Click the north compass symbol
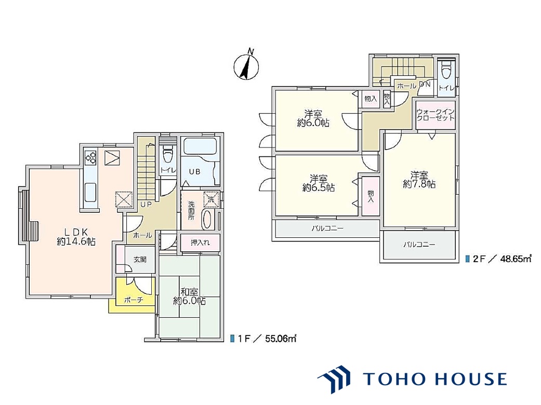coord(246,67)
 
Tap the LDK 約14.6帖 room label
coord(76,236)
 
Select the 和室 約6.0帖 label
coord(189,296)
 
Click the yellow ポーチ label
coord(134,300)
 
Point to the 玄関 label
coord(140,260)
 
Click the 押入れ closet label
coord(200,242)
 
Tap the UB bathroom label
coord(194,171)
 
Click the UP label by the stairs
coord(146,205)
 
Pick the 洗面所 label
coord(191,211)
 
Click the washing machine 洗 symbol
coord(211,199)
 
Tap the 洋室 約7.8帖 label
coord(419,180)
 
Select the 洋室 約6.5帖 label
coord(319,183)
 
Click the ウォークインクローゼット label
coord(436,115)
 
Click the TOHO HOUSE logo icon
coord(334,379)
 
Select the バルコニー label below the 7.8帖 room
coord(419,245)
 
